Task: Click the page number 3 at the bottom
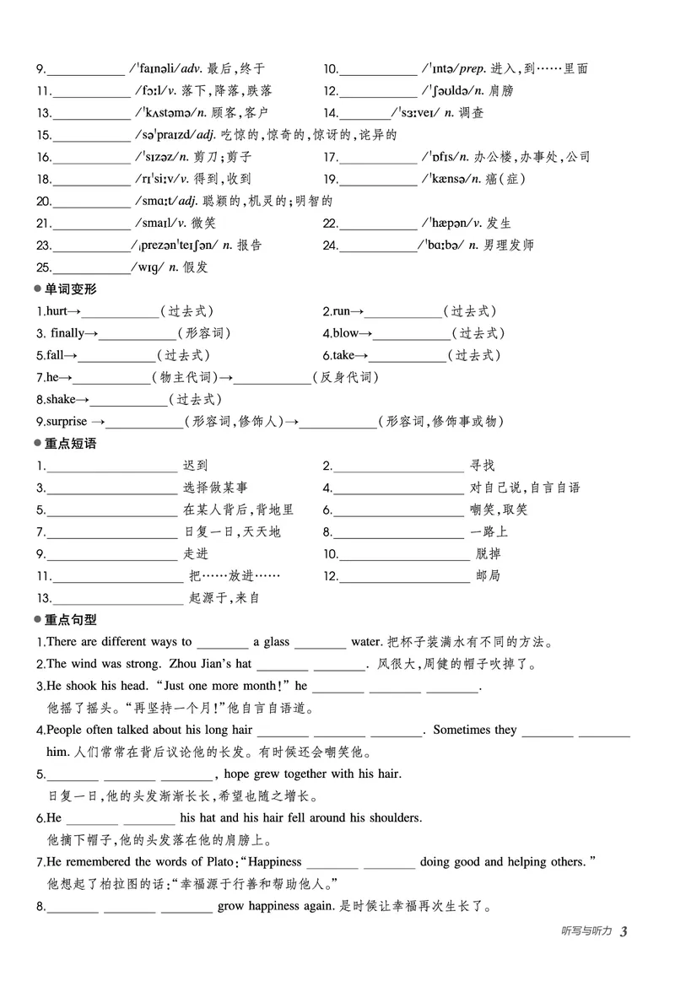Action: coord(624,931)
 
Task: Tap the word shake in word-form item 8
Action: coord(60,399)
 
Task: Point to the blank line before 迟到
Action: coord(111,466)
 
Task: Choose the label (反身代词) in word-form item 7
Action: coord(345,377)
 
